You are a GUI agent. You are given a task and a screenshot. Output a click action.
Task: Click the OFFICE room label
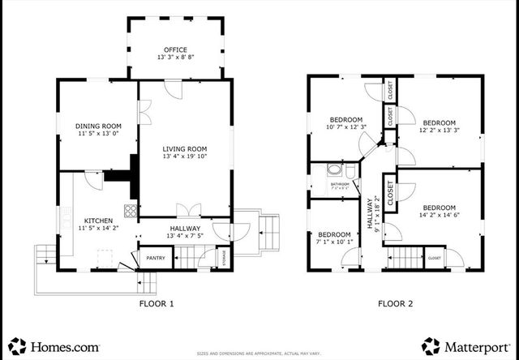[x=175, y=49]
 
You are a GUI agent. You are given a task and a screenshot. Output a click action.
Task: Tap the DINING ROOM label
[x=98, y=126]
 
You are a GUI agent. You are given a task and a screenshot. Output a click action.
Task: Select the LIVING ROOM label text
[x=185, y=149]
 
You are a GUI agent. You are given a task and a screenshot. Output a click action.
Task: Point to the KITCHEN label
[x=98, y=221]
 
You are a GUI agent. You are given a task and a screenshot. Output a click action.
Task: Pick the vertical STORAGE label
[x=224, y=259]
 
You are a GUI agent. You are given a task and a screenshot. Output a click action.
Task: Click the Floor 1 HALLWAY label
[x=185, y=229]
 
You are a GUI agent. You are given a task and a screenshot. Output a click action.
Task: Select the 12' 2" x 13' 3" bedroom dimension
[x=440, y=130]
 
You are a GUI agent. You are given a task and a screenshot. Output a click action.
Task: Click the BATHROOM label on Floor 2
[x=340, y=184]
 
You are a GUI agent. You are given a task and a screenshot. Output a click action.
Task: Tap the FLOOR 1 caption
[x=155, y=304]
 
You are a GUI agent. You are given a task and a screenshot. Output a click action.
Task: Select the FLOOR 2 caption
[x=395, y=304]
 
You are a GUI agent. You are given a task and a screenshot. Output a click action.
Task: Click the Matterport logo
[x=465, y=345]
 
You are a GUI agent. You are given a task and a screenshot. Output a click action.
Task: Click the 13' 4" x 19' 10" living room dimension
[x=185, y=157]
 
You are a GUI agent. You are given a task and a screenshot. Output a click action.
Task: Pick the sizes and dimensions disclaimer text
[x=260, y=354]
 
